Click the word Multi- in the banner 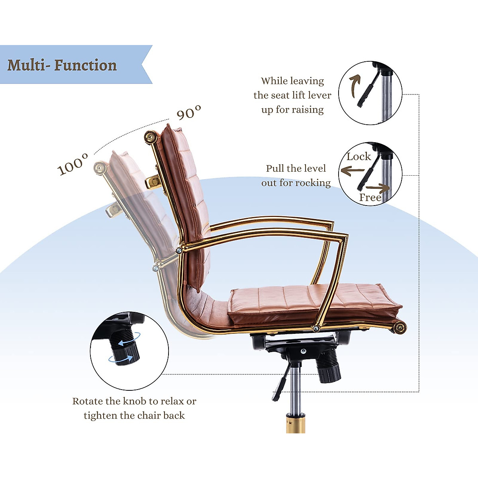click(27, 65)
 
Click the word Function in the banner click(85, 65)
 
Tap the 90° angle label click(189, 113)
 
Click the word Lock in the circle click(358, 157)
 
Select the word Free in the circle click(370, 198)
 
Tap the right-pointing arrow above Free click(378, 187)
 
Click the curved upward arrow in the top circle click(354, 86)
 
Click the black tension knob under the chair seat click(329, 366)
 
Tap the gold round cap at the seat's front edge click(400, 328)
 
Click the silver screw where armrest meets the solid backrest click(179, 251)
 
